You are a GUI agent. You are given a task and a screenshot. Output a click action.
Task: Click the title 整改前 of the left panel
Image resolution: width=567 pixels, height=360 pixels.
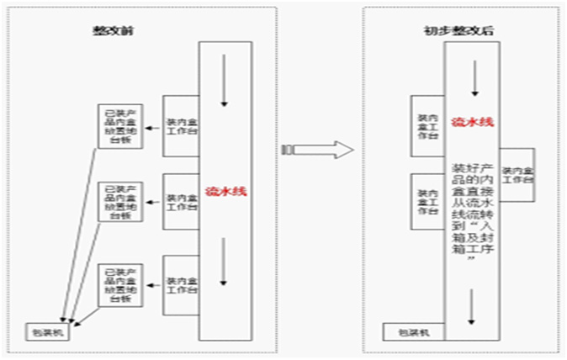pyautogui.click(x=116, y=30)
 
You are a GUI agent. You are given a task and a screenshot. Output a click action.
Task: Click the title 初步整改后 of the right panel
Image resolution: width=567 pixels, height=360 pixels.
pyautogui.click(x=447, y=30)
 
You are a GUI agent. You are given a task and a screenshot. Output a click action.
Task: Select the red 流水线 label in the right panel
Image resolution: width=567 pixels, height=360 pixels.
pyautogui.click(x=472, y=121)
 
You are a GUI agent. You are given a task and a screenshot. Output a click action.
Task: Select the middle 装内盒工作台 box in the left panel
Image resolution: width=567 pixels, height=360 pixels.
pyautogui.click(x=180, y=203)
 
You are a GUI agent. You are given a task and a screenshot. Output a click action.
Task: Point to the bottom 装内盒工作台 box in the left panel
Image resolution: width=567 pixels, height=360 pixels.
pyautogui.click(x=180, y=285)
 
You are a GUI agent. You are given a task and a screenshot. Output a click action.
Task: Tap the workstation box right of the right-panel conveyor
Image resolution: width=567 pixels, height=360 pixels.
pyautogui.click(x=517, y=174)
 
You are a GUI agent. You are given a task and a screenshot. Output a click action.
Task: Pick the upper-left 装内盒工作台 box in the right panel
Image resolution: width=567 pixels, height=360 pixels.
pyautogui.click(x=427, y=125)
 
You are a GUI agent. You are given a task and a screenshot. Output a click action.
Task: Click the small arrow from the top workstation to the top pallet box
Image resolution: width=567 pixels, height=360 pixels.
pyautogui.click(x=151, y=129)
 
